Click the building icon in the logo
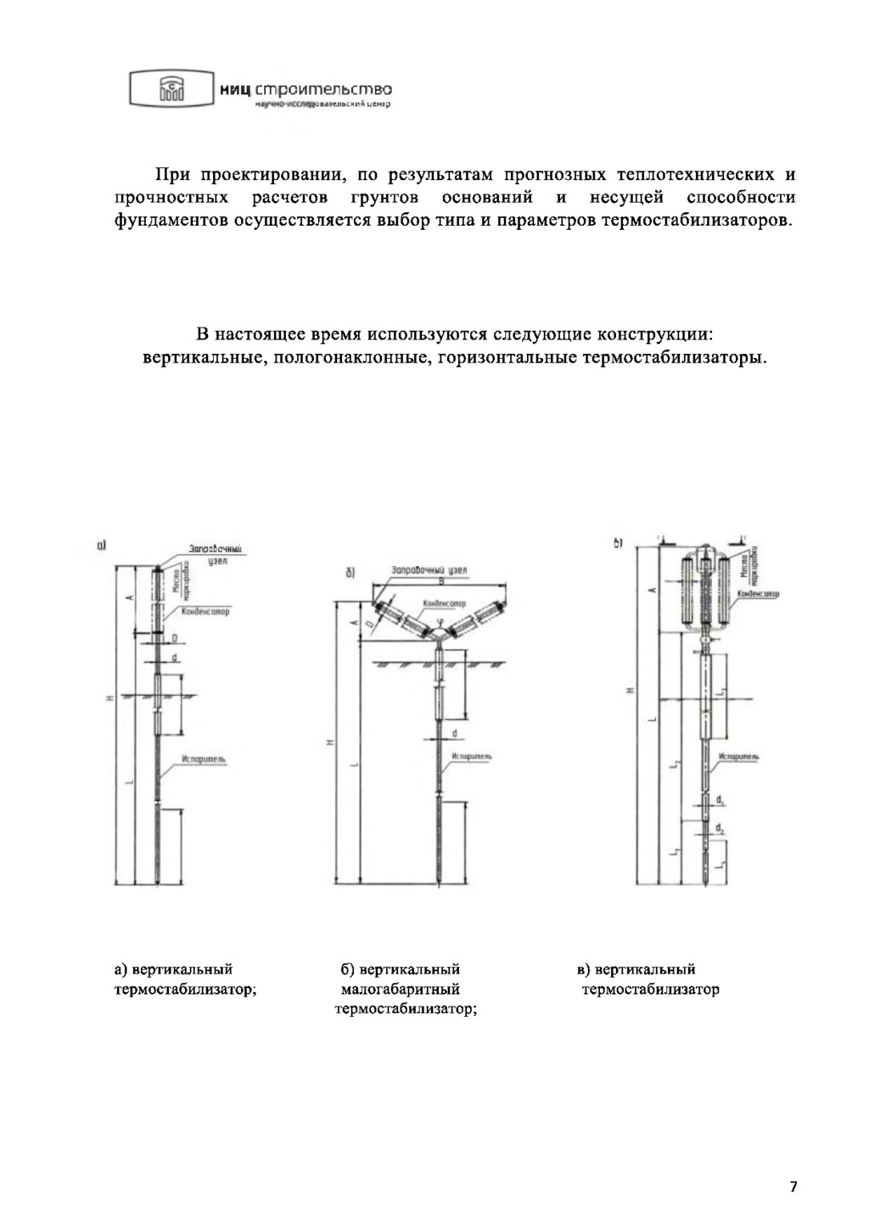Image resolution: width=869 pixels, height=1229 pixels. [x=170, y=89]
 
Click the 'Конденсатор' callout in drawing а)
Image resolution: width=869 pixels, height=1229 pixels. [x=205, y=611]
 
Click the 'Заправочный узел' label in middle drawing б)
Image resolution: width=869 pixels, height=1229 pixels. [x=429, y=570]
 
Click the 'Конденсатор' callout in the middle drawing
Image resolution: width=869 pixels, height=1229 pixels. [x=444, y=603]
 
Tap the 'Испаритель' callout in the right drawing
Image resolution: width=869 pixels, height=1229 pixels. [x=738, y=755]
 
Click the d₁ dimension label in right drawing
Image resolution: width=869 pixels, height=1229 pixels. [x=720, y=800]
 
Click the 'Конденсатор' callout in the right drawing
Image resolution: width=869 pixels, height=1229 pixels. [x=759, y=594]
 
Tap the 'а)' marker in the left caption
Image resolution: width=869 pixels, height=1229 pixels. [x=121, y=969]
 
